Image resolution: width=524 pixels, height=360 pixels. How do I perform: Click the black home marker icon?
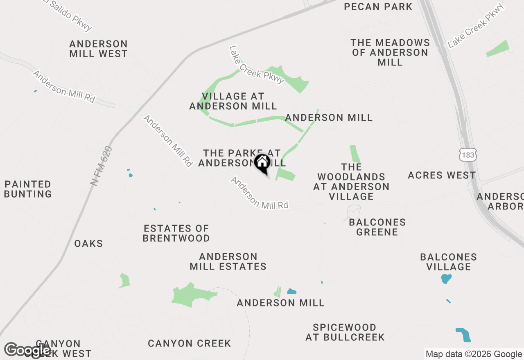click(262, 163)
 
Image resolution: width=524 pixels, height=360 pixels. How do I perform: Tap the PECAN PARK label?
click(378, 7)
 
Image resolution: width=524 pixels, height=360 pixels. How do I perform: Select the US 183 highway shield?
click(467, 155)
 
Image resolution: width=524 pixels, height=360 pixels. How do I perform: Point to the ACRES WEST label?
click(442, 175)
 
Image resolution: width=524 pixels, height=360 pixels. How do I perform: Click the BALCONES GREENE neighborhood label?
click(377, 227)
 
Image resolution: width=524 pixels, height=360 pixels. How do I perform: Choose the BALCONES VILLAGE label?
click(448, 262)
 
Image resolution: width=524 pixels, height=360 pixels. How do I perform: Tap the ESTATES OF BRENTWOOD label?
click(176, 233)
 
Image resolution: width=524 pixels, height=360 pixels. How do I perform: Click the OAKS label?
click(88, 244)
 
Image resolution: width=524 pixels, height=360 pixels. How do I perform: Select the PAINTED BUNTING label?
click(28, 189)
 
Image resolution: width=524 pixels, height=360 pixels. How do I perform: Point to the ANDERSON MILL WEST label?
click(98, 49)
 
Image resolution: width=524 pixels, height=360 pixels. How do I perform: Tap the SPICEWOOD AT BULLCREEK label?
click(345, 332)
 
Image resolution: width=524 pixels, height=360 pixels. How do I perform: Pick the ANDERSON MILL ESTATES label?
click(228, 261)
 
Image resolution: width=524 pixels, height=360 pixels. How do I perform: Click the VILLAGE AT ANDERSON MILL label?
click(233, 101)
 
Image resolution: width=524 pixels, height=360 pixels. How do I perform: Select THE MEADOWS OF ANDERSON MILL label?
click(390, 52)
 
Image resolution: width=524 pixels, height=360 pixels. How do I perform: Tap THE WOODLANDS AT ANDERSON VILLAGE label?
click(351, 182)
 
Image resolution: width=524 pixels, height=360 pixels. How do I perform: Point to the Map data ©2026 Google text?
click(474, 354)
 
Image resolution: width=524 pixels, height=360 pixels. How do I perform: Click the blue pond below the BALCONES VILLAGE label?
click(446, 279)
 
